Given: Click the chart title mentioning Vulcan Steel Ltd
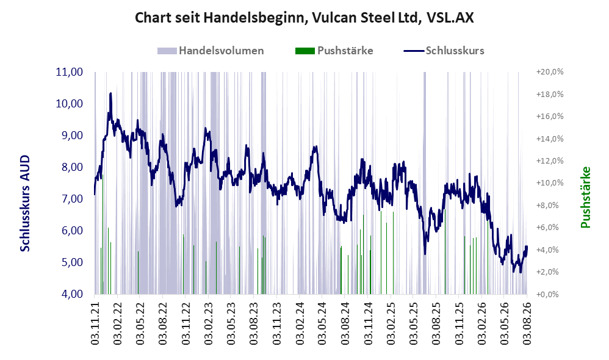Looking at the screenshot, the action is (304, 18).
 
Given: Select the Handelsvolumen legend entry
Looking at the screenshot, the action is (211, 51).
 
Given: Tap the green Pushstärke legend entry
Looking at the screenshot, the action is (334, 51).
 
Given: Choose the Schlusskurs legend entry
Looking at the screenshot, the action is (444, 51).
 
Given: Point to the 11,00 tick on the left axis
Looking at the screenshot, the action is (70, 72).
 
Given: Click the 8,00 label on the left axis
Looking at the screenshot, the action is (70, 167).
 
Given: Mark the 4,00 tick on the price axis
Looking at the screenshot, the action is (70, 294).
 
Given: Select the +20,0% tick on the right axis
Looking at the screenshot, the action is (550, 72).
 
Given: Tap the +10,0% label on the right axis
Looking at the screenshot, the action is (550, 183).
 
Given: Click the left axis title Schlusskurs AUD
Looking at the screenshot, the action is (25, 203).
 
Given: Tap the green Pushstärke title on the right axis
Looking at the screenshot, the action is (585, 197).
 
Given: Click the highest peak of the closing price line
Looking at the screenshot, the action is (110, 93).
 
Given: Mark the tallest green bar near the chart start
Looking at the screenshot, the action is (103, 234).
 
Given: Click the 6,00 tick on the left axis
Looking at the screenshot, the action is (70, 230).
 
